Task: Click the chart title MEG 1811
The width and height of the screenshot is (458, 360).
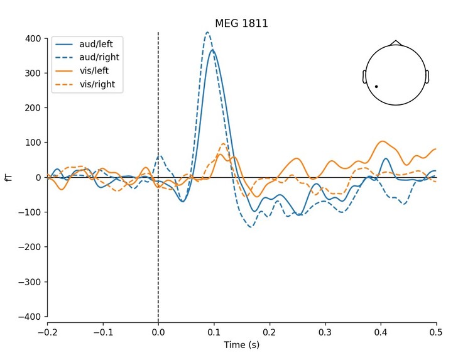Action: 241,24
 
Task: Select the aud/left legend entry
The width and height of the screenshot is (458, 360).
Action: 97,45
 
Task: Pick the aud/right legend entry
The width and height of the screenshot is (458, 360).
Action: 99,58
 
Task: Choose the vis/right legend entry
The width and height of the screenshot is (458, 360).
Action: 97,84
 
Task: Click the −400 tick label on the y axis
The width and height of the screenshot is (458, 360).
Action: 30,316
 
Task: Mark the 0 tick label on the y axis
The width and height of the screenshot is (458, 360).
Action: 38,177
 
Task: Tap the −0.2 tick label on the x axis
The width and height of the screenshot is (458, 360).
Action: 47,332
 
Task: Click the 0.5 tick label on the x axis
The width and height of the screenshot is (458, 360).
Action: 436,332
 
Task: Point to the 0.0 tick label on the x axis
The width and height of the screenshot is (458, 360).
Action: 158,332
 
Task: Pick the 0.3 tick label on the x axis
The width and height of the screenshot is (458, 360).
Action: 325,332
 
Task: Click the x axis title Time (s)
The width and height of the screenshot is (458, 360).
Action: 241,345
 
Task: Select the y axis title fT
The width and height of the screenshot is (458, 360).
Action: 9,177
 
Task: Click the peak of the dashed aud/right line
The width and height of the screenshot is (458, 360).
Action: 207,32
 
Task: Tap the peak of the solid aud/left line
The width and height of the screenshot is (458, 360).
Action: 213,50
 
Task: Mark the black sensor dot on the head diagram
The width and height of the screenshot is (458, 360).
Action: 376,86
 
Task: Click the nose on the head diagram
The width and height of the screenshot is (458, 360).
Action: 395,43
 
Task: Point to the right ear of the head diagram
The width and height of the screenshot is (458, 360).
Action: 427,77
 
